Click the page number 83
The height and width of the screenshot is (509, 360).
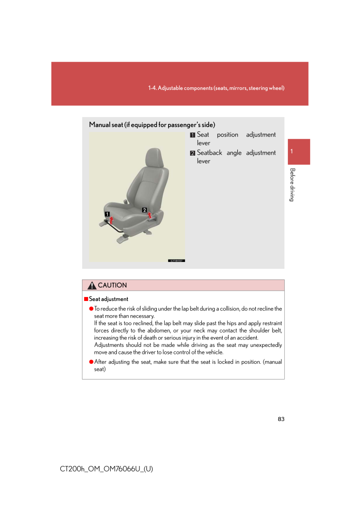point(281,419)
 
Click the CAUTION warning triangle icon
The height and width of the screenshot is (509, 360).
point(91,286)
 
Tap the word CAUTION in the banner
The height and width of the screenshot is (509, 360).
point(112,286)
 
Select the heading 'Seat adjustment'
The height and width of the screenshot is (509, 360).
point(108,299)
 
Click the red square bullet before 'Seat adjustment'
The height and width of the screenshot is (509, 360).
point(86,299)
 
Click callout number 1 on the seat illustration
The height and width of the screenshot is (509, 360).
point(107,213)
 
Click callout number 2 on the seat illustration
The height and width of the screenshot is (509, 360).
point(144,210)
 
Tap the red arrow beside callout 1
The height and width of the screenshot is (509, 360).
point(112,220)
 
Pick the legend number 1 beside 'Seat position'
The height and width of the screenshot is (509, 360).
point(192,135)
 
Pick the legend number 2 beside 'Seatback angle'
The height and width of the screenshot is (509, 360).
point(192,153)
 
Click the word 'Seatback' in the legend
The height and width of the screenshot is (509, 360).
point(209,153)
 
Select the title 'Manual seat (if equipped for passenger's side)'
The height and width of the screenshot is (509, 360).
point(152,125)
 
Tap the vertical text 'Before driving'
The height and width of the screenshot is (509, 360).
point(292,185)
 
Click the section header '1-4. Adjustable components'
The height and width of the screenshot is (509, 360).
point(216,88)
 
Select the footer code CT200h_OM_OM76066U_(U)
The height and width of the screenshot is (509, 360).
point(106,468)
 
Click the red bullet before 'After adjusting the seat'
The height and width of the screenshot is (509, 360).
point(91,362)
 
